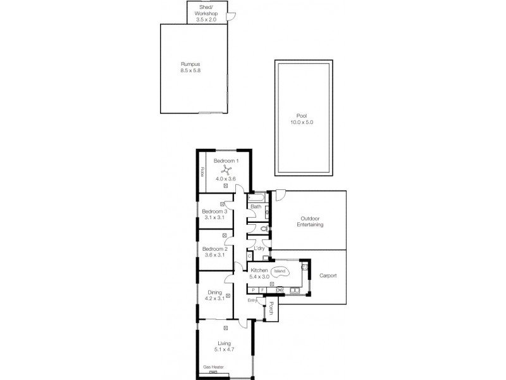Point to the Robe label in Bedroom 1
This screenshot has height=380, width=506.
[x=202, y=171]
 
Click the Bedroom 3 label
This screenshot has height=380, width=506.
[x=214, y=211]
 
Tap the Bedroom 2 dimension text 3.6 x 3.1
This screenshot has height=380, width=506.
[x=214, y=256]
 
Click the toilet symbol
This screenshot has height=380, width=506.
[x=265, y=228]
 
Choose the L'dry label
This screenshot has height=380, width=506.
[x=259, y=248]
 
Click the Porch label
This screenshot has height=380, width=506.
[x=271, y=308]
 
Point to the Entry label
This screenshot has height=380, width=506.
[x=252, y=300]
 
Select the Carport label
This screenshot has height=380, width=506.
[x=328, y=276]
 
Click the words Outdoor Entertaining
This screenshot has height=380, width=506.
[x=311, y=221]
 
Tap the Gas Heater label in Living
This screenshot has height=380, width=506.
[x=213, y=367]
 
